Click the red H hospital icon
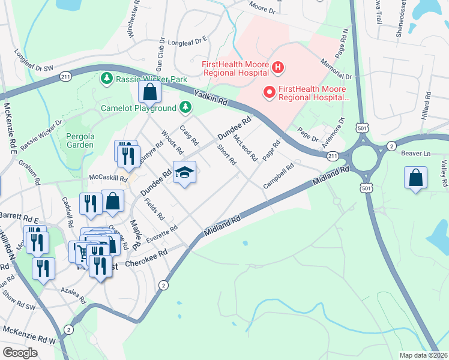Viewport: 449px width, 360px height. [277, 67]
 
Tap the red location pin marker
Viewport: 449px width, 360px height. [270, 92]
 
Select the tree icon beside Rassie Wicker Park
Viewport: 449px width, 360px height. [107, 79]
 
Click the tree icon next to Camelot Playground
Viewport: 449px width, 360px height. [186, 107]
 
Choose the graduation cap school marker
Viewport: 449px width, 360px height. [185, 173]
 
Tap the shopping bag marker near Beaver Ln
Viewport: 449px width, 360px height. [415, 178]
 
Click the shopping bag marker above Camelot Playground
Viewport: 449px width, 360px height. [149, 92]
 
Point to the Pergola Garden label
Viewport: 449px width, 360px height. [80, 140]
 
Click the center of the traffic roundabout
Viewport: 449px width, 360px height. [366, 159]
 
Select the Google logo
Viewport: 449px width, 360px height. [20, 352]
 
